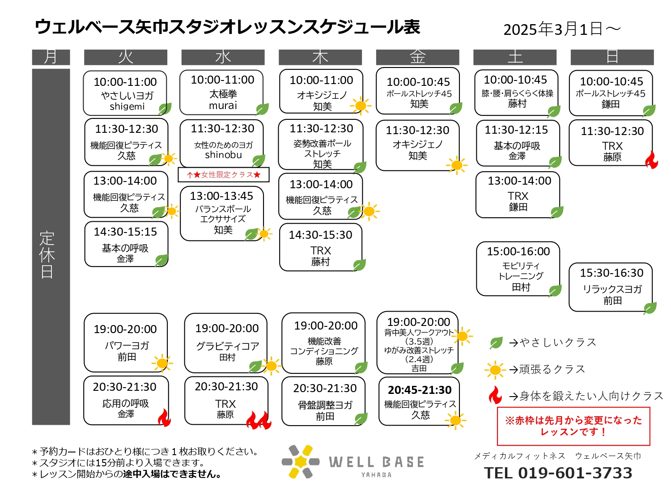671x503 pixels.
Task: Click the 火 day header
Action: click(125, 57)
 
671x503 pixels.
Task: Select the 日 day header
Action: click(612, 57)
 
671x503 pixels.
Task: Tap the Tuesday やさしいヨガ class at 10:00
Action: click(125, 93)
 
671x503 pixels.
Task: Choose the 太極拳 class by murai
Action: click(221, 92)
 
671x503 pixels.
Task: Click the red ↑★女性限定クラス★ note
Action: click(224, 175)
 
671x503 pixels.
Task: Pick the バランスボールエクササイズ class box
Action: click(221, 213)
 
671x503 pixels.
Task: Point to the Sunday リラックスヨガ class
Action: click(611, 287)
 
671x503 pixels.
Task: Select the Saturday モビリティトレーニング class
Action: click(518, 269)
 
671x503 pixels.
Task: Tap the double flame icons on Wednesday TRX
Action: click(259, 420)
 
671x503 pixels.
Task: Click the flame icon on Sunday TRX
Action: click(651, 160)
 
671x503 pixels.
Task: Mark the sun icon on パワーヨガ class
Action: click(162, 363)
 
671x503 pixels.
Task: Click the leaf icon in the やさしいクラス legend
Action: click(496, 343)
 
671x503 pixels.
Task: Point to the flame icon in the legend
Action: click(495, 395)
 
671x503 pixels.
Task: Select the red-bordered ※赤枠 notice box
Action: click(573, 426)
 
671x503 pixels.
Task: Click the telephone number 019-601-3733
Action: click(575, 473)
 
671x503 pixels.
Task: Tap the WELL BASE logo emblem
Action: click(301, 461)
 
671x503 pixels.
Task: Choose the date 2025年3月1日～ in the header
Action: click(562, 30)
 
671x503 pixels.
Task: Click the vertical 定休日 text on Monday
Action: click(47, 255)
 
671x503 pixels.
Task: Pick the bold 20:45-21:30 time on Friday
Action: click(420, 390)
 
